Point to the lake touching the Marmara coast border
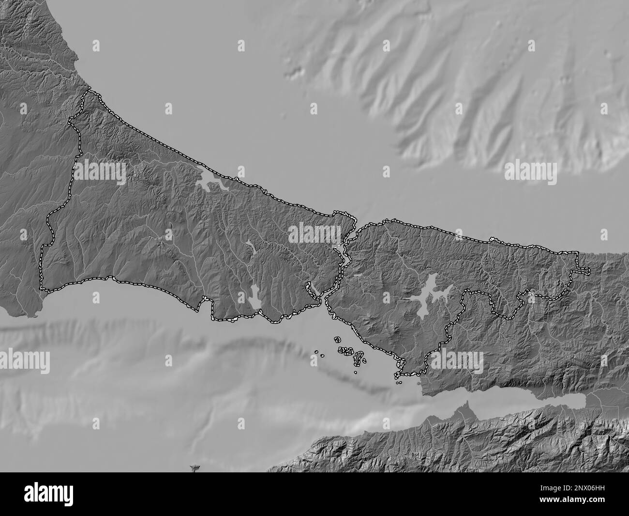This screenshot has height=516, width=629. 255,297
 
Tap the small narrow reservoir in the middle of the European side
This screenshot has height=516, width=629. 252,248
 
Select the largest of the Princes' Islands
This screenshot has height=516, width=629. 359,358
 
